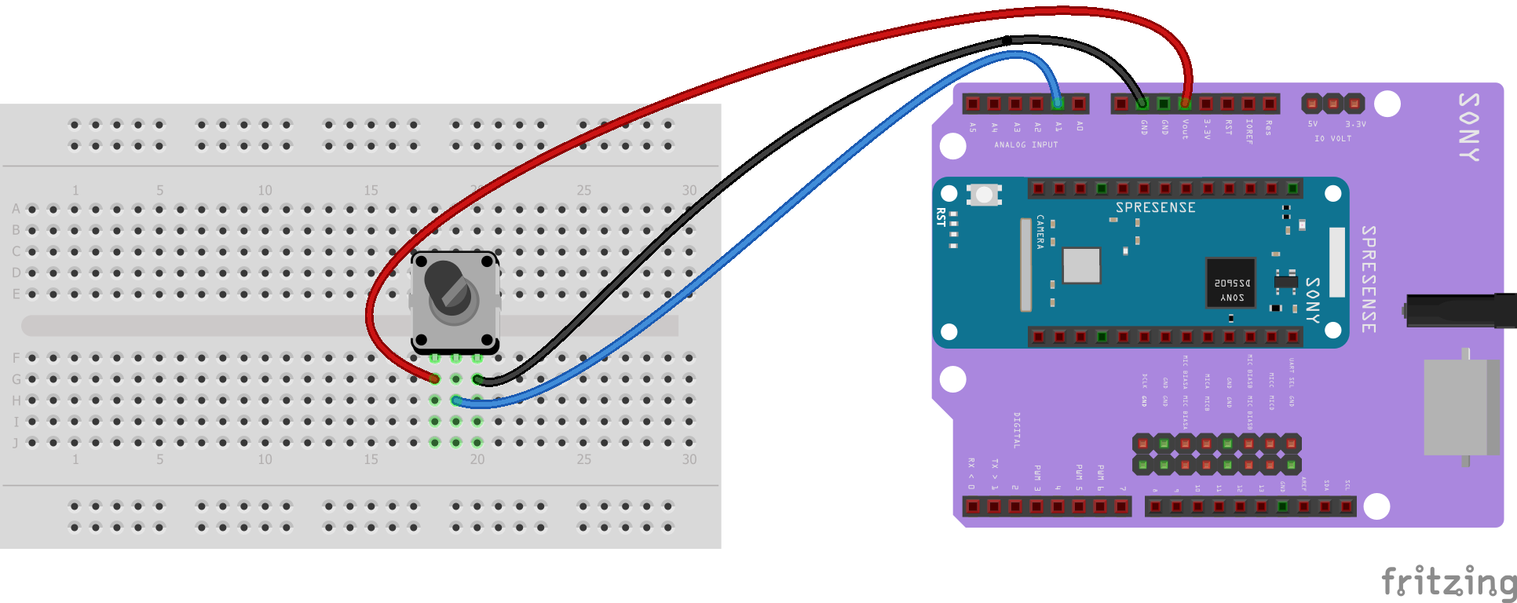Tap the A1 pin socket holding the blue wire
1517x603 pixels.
[x=1058, y=103]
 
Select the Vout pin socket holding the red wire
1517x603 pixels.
[x=1185, y=103]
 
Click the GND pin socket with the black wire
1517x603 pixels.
[x=1142, y=103]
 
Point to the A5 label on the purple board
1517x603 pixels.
[x=973, y=126]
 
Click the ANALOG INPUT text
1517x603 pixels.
[x=1025, y=144]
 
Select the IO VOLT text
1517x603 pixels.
[x=1332, y=138]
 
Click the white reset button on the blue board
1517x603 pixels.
[x=983, y=194]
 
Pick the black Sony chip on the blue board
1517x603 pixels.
[x=1230, y=282]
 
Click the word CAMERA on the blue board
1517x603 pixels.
[x=1040, y=232]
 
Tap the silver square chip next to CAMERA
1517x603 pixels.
[x=1081, y=265]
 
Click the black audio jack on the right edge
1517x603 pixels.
[x=1460, y=311]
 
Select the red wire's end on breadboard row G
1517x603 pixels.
[x=434, y=378]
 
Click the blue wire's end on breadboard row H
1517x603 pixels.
[x=456, y=400]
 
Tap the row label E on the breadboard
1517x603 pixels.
[x=16, y=294]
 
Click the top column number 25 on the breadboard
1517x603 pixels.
[x=583, y=190]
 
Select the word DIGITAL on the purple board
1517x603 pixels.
[x=1017, y=429]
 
